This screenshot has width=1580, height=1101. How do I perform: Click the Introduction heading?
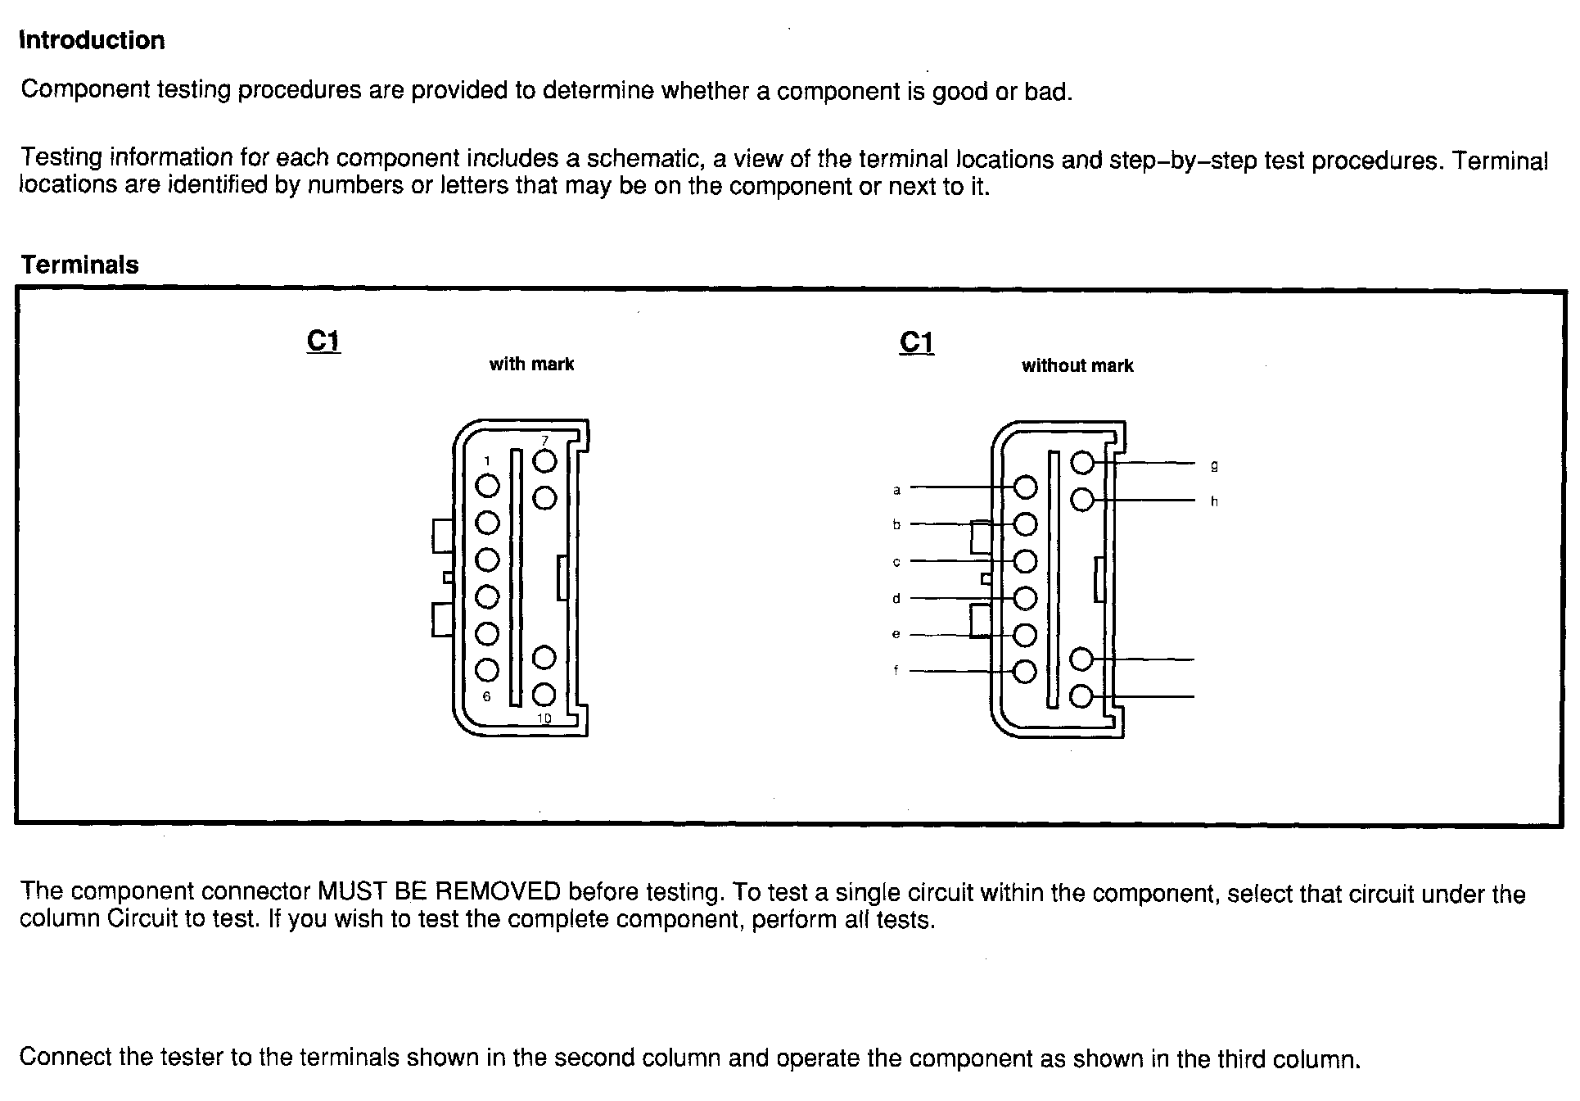pyautogui.click(x=92, y=40)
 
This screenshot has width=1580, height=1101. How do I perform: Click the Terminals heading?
pyautogui.click(x=79, y=265)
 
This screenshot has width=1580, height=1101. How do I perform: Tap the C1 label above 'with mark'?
pyautogui.click(x=323, y=341)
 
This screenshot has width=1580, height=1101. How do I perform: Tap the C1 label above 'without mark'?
pyautogui.click(x=916, y=342)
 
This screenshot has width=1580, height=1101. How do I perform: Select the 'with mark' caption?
pyautogui.click(x=531, y=365)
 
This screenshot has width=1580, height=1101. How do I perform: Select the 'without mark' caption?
pyautogui.click(x=1077, y=366)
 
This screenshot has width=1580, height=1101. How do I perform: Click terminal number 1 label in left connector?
pyautogui.click(x=487, y=461)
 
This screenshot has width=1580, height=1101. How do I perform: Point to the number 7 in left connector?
pyautogui.click(x=545, y=441)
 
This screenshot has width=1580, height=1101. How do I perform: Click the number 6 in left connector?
pyautogui.click(x=487, y=696)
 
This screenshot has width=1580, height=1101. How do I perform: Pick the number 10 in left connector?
pyautogui.click(x=544, y=718)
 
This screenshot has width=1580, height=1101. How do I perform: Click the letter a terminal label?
pyautogui.click(x=896, y=490)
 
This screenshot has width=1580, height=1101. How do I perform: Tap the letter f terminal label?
pyautogui.click(x=896, y=670)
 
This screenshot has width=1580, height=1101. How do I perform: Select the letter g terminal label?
pyautogui.click(x=1214, y=465)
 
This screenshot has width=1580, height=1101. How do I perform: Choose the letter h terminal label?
pyautogui.click(x=1214, y=501)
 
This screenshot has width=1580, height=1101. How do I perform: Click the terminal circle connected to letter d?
pyautogui.click(x=1025, y=598)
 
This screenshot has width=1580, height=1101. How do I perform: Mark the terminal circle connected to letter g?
pyautogui.click(x=1082, y=463)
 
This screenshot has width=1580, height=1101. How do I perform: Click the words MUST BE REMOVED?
pyautogui.click(x=439, y=891)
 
